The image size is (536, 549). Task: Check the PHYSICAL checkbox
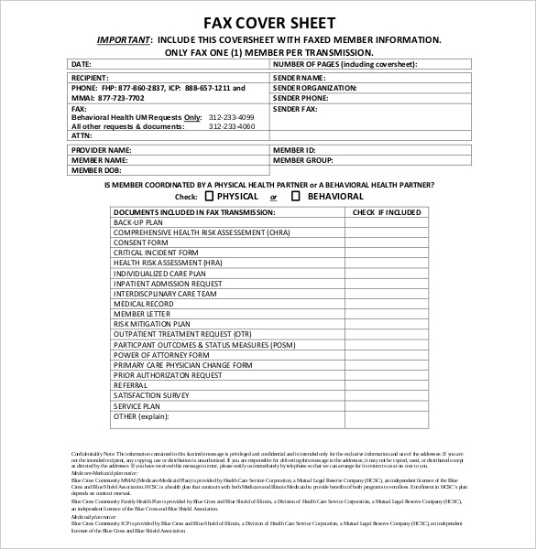pyautogui.click(x=209, y=196)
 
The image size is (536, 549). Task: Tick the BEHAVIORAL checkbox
pyautogui.click(x=296, y=196)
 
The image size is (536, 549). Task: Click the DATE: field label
pyautogui.click(x=81, y=64)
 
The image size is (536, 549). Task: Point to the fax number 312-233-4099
pyautogui.click(x=233, y=118)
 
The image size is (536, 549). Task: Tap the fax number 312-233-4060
pyautogui.click(x=233, y=126)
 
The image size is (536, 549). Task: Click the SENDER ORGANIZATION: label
pyautogui.click(x=313, y=88)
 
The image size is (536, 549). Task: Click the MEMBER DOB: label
pyautogui.click(x=95, y=169)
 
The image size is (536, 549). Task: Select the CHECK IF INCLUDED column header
pyautogui.click(x=387, y=212)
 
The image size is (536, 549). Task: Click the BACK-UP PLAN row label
pyautogui.click(x=138, y=222)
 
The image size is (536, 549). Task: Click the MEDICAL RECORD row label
pyautogui.click(x=143, y=304)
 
